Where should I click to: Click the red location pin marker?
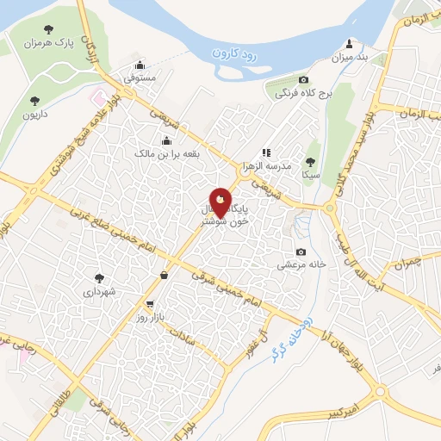220,204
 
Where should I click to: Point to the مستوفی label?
140,78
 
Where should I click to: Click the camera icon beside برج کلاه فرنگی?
280,92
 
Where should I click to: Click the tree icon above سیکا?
310,160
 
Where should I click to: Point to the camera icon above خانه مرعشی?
300,252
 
